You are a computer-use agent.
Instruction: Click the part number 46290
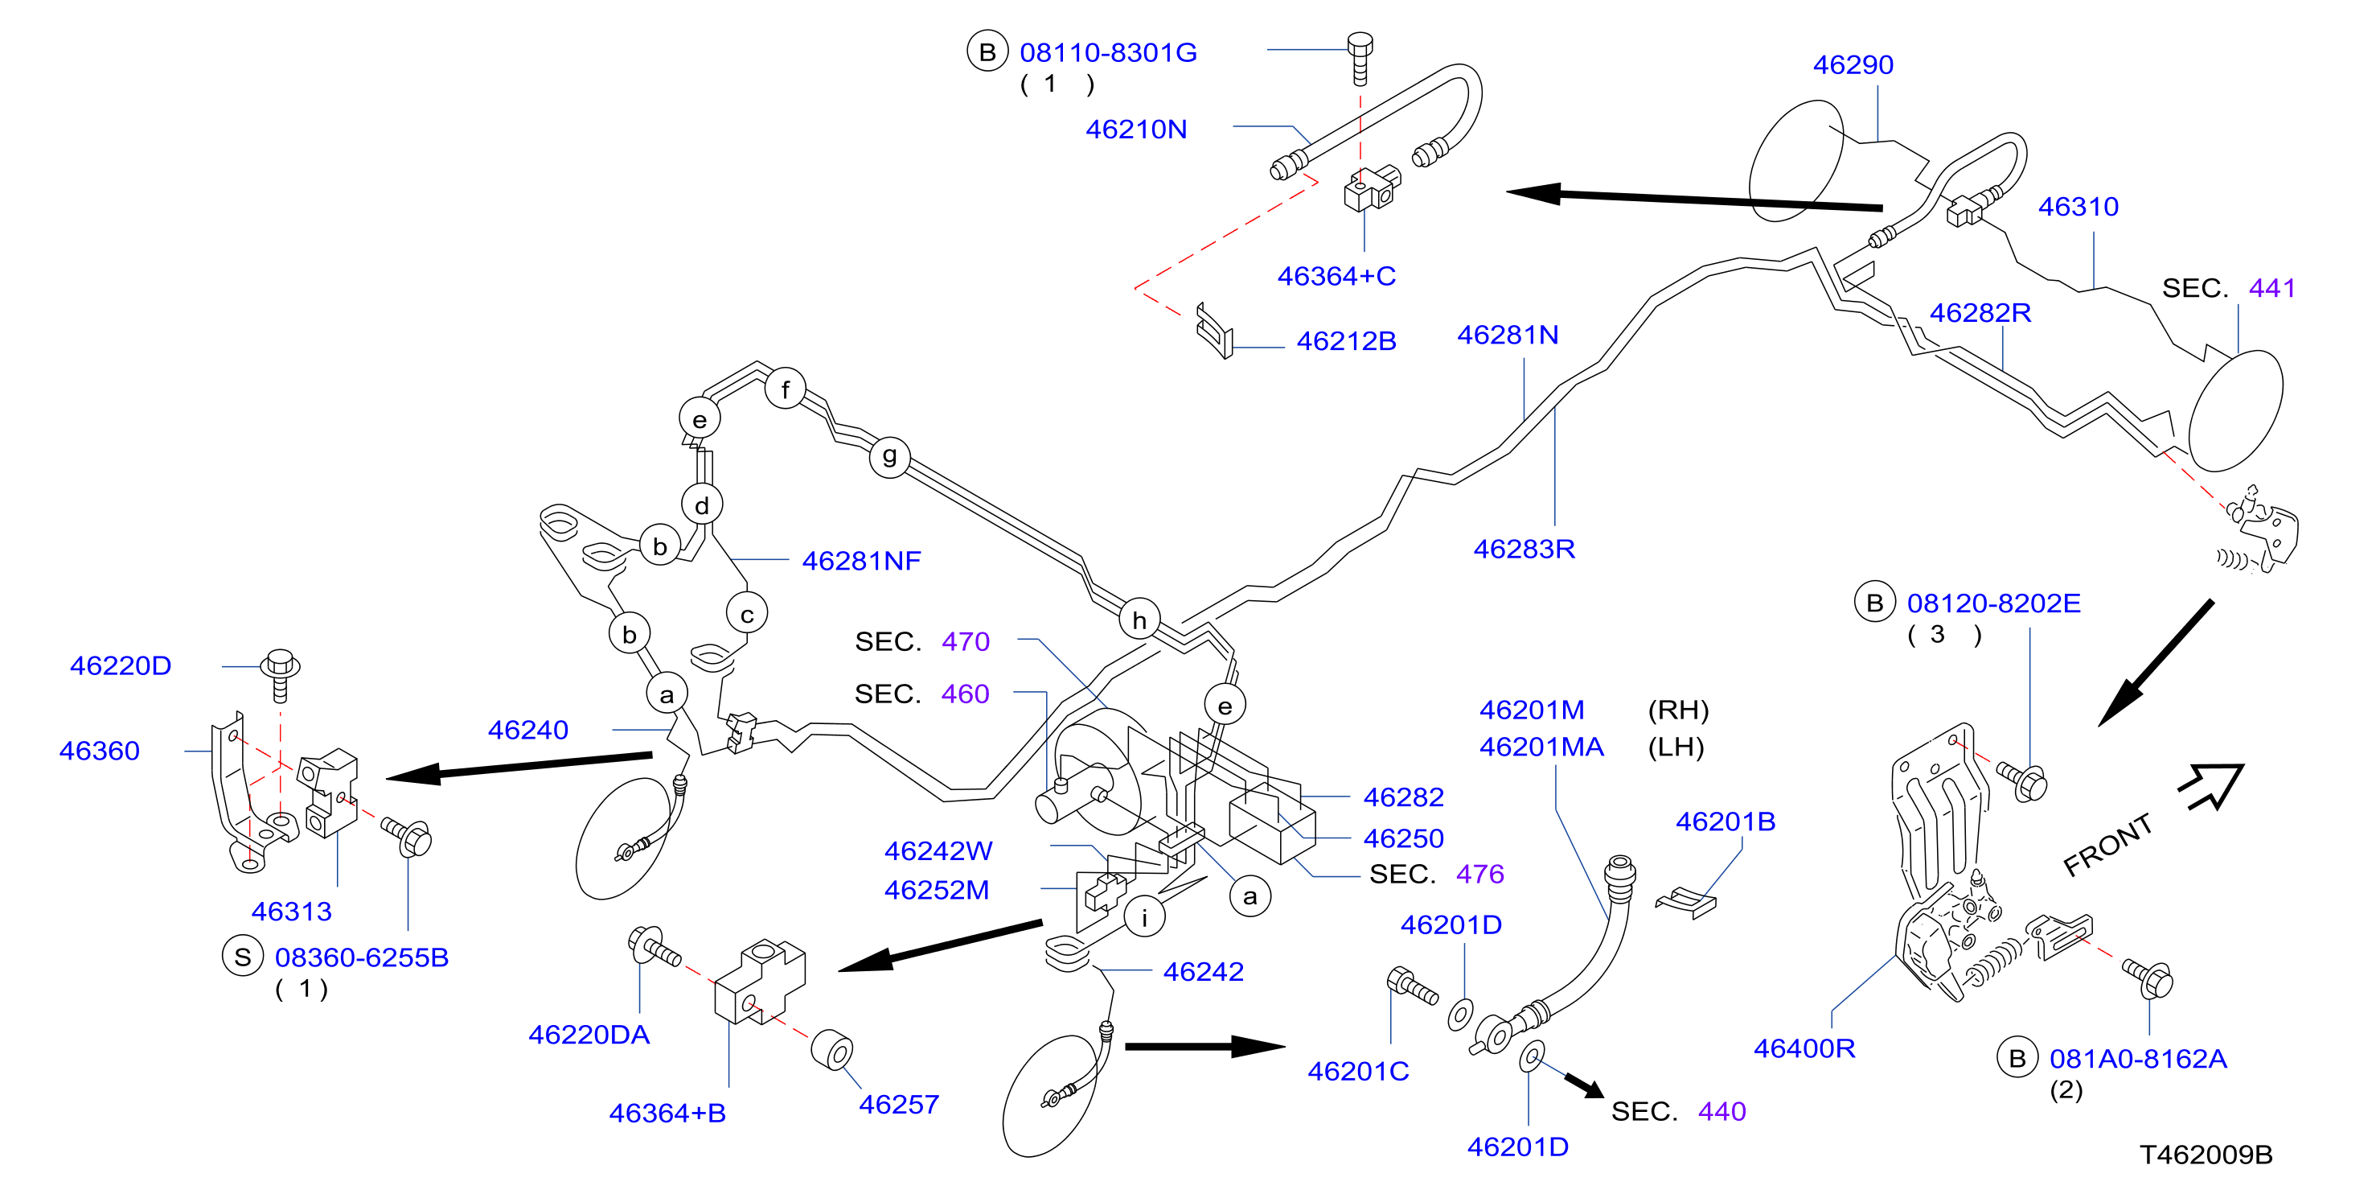[x=1853, y=64]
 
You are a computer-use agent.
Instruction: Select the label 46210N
[x=1135, y=130]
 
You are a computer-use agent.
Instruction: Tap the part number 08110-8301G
[x=1108, y=52]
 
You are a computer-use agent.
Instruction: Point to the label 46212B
[x=1346, y=341]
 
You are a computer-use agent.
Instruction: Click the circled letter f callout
[x=785, y=389]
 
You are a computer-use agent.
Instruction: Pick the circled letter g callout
[x=889, y=456]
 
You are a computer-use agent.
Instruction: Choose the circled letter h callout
[x=1139, y=620]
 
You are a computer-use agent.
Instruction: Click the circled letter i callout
[x=1145, y=917]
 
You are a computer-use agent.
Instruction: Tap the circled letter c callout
[x=747, y=615]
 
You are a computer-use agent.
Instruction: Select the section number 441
[x=2271, y=288]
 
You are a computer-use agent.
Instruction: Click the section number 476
[x=1479, y=874]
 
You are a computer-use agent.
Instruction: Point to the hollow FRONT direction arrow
[x=2211, y=786]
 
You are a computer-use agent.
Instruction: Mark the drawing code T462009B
[x=2206, y=1155]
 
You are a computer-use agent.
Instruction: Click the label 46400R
[x=1804, y=1048]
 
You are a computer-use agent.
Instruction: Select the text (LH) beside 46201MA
[x=1675, y=747]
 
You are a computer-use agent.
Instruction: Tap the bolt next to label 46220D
[x=281, y=675]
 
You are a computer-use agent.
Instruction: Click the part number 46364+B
[x=667, y=1113]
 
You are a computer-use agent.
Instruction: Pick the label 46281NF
[x=861, y=561]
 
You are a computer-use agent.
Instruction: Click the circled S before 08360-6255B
[x=243, y=957]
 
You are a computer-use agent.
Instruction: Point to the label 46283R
[x=1524, y=549]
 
